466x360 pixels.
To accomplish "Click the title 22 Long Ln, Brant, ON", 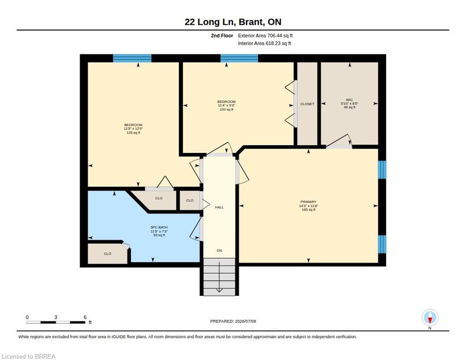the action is [233, 22].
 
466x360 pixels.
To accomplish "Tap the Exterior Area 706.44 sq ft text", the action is [265, 36].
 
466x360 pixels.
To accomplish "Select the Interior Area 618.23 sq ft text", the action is [264, 44].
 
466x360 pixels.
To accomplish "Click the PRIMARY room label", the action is [308, 202].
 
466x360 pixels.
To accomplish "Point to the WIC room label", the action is [349, 100].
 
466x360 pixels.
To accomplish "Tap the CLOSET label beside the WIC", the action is [307, 104].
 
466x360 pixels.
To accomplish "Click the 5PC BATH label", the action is [159, 227].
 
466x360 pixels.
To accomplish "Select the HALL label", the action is [219, 207].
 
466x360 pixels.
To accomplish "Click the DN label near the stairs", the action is [219, 251].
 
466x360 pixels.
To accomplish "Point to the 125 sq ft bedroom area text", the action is [133, 133].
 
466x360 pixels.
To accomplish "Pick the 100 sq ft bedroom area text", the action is [226, 109].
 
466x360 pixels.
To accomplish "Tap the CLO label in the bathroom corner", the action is [107, 254].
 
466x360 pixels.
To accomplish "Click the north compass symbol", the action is [430, 318].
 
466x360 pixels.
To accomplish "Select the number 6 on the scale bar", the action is [85, 317].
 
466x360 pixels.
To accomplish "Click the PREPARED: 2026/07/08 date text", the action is [233, 322].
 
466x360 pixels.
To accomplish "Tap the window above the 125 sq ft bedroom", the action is [132, 58].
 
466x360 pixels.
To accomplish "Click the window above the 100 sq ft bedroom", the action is [239, 58].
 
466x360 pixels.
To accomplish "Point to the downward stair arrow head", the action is [219, 291].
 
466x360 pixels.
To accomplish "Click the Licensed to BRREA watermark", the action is [29, 356].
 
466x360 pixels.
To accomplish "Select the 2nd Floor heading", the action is [222, 36].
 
